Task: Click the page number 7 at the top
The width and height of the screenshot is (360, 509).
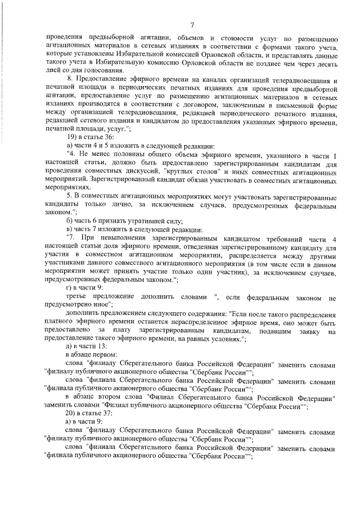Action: coord(192,24)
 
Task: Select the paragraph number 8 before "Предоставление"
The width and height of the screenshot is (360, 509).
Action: coord(70,82)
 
